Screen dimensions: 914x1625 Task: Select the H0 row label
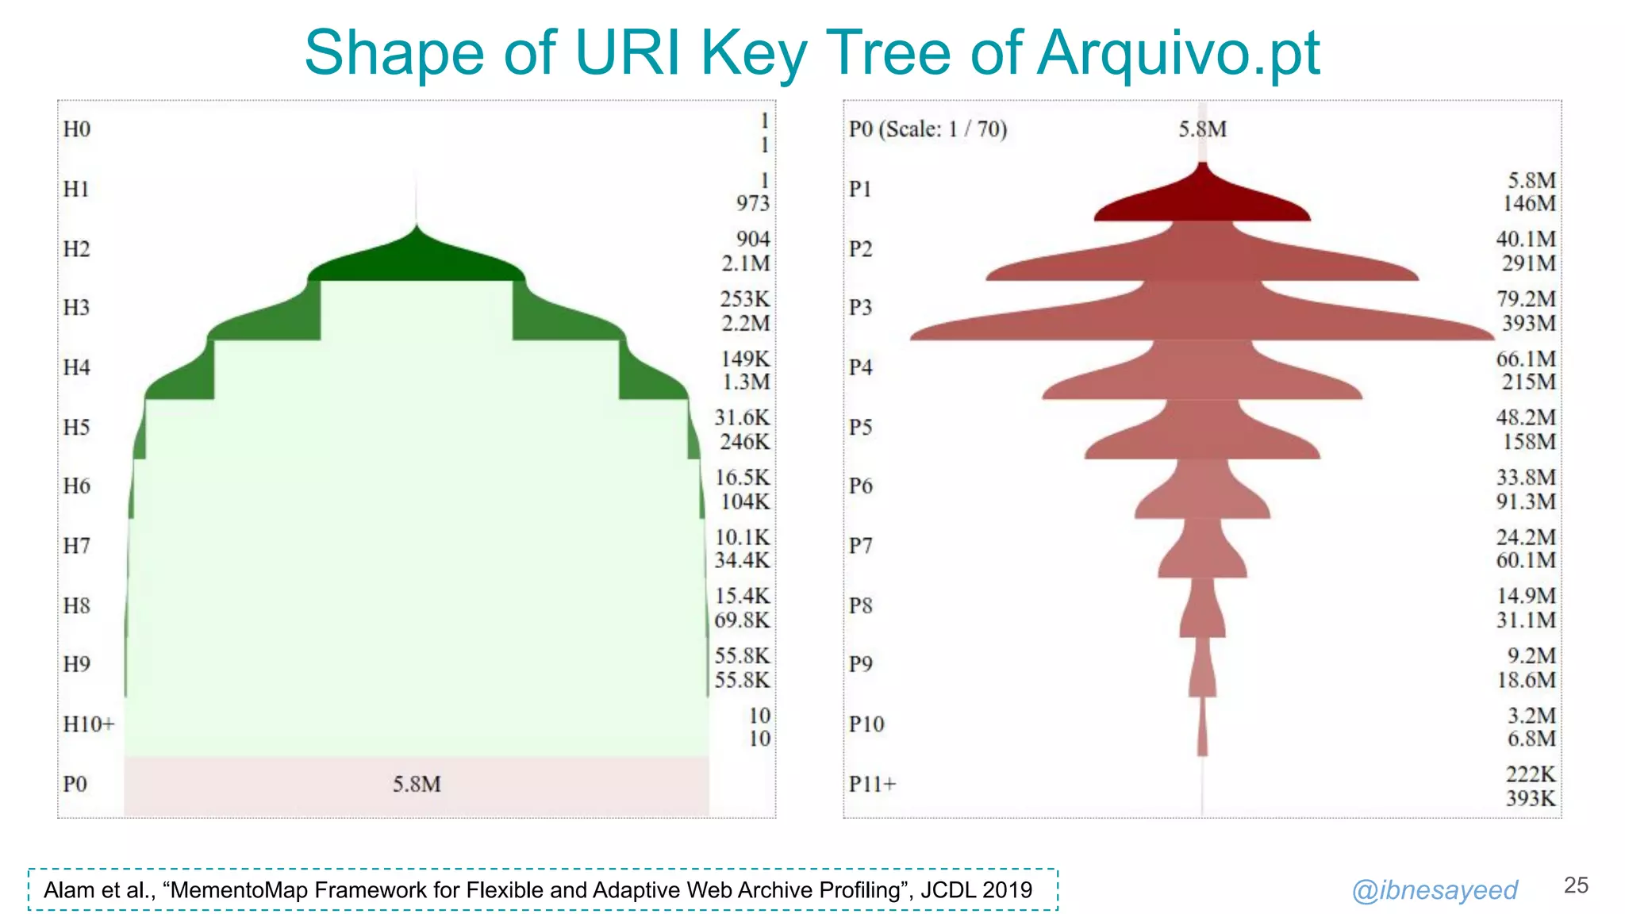[77, 129]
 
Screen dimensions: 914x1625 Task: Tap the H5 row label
[77, 428]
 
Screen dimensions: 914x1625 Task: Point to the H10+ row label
[89, 724]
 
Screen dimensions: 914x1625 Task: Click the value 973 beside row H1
[752, 204]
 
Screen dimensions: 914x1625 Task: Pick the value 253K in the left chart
[744, 299]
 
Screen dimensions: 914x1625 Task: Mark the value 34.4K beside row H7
[742, 561]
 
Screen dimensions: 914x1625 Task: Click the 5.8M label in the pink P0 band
[417, 785]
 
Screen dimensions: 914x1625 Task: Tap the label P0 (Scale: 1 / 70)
[928, 129]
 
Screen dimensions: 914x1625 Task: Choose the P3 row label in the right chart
[860, 308]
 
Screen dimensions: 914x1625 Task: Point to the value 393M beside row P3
[1528, 324]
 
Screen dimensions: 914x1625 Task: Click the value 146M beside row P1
[1529, 204]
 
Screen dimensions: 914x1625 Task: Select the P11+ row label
[872, 785]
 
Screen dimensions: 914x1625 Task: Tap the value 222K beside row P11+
[1531, 774]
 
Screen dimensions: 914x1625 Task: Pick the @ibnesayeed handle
[1435, 890]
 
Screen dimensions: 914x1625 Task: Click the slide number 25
[1576, 885]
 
